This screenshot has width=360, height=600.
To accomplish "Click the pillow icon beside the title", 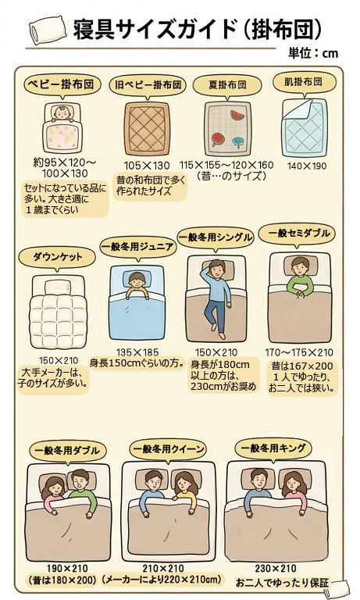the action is coord(48,30).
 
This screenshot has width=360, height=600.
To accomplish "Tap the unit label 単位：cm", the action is coord(313,53).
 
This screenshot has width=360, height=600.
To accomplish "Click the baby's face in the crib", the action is coord(61,112).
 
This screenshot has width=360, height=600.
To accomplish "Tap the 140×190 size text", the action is coord(307,166).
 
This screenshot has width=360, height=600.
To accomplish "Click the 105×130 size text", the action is coord(147,166).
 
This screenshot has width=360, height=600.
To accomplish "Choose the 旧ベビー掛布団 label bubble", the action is coord(148,84).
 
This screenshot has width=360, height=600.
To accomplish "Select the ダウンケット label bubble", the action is coord(57,257).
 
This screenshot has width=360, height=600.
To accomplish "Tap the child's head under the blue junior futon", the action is coord(137,280).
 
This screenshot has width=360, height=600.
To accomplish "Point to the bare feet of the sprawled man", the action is coord(217,331).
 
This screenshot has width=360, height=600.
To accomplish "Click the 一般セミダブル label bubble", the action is coord(299,234).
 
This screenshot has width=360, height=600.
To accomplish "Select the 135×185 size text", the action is coord(137,352).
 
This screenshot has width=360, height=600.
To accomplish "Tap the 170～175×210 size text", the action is coord(299,352).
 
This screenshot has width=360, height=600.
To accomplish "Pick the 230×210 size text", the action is coord(276,569).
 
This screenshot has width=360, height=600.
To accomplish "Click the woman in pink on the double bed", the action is coord(54,495).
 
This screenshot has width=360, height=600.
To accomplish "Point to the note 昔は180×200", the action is coord(62,580).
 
